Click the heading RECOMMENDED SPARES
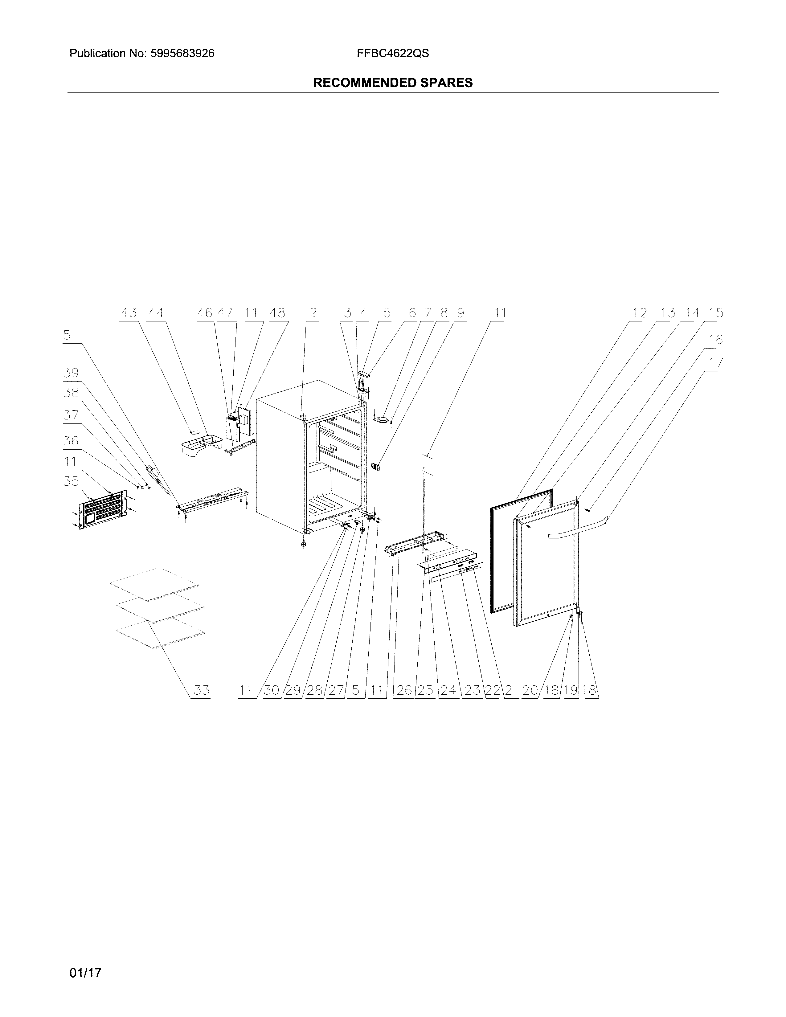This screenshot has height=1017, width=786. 392,83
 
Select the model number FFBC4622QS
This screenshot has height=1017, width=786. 392,54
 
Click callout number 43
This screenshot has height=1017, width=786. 129,313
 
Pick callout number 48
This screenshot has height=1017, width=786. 277,313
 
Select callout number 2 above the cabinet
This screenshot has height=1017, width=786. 313,313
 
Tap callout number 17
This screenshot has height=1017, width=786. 716,363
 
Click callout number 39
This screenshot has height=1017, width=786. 71,373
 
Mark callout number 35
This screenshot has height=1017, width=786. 71,481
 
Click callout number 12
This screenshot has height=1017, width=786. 640,313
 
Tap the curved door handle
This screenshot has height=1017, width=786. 577,531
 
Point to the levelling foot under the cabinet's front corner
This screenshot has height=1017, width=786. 304,543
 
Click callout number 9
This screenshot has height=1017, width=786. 460,313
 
